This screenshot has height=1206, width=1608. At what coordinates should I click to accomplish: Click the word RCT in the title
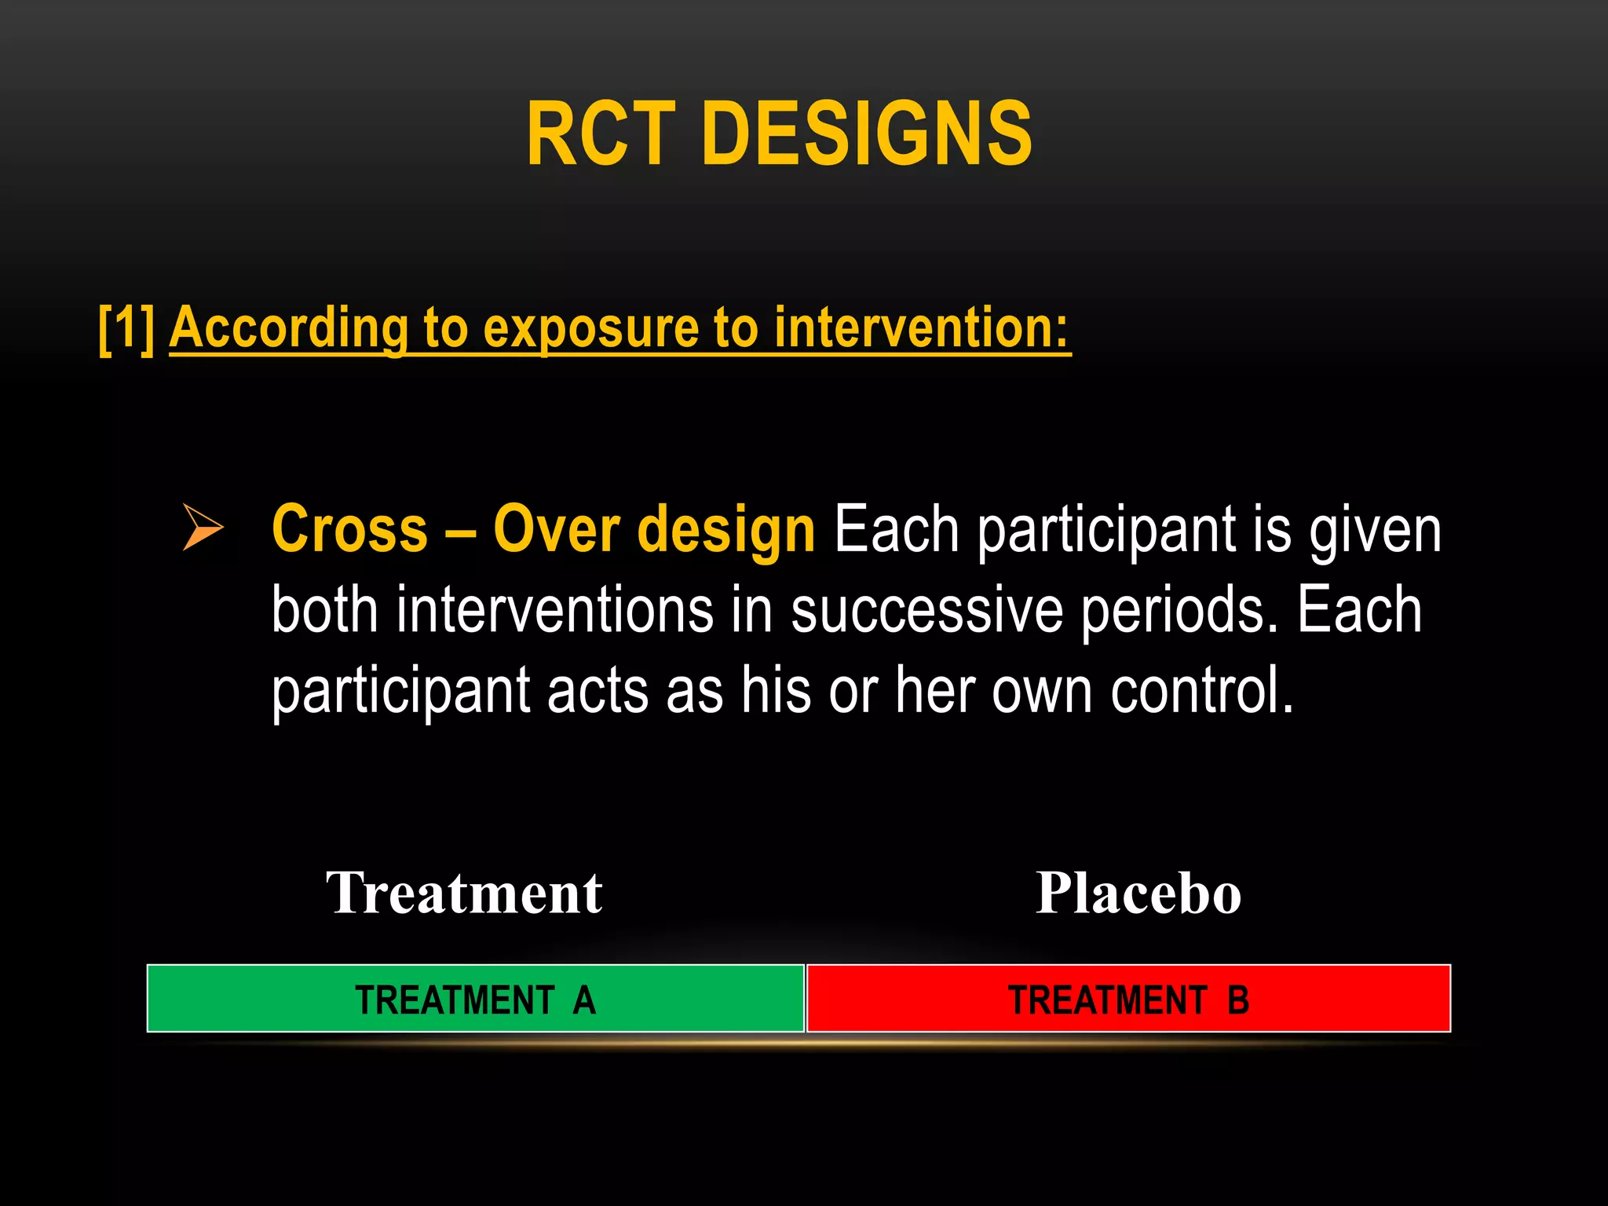coord(601,134)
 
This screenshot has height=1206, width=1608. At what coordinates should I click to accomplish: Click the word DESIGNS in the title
coord(867,134)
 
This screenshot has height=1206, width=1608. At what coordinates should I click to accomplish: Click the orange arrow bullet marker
coord(203,527)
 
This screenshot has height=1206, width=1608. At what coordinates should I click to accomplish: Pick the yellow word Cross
coord(349,530)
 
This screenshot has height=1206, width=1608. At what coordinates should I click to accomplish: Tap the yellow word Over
coord(557,530)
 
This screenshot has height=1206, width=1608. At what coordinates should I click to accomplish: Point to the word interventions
coord(554,611)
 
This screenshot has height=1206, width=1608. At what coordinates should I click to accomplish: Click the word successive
coord(926,611)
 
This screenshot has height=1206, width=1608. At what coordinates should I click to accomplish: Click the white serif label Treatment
coord(464,894)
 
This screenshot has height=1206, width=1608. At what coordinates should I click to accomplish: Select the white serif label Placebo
coord(1138,894)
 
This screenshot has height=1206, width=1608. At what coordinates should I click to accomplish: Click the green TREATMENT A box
coord(476,999)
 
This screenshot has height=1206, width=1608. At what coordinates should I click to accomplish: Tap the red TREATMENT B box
coord(1128,999)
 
